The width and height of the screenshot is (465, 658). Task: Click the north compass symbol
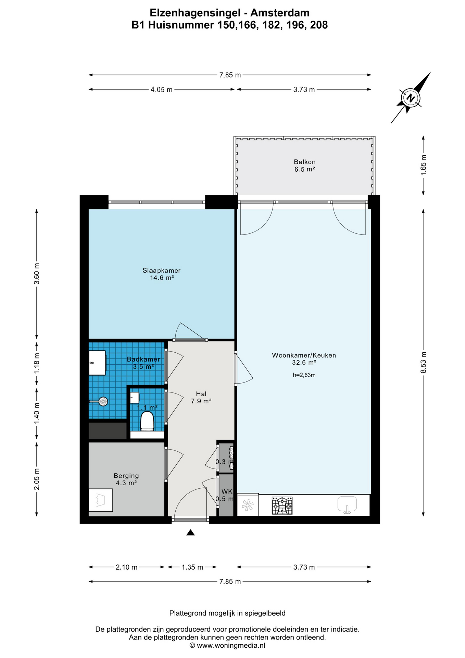click(x=411, y=98)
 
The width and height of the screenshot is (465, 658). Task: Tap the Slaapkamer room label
click(x=162, y=270)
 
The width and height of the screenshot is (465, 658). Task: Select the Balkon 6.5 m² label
click(x=305, y=166)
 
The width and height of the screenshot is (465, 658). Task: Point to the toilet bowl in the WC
click(x=147, y=421)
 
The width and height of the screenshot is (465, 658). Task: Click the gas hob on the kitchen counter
click(x=282, y=506)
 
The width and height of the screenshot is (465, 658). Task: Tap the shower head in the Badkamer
click(x=103, y=401)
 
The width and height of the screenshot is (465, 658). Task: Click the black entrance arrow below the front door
click(x=191, y=532)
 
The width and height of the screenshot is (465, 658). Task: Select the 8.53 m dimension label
click(x=424, y=363)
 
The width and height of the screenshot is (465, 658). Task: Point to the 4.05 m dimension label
click(x=162, y=90)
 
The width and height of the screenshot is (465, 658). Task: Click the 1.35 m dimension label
click(x=192, y=567)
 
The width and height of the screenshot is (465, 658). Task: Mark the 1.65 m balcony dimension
click(x=424, y=165)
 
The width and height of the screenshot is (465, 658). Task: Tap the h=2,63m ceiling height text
click(x=304, y=375)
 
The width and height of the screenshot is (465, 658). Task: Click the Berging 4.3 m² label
click(x=126, y=479)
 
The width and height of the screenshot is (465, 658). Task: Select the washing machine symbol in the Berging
click(x=101, y=500)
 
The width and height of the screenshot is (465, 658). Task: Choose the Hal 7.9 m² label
click(x=201, y=397)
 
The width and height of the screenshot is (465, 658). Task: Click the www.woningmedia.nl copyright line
click(x=227, y=645)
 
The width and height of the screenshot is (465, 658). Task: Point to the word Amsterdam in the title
click(x=280, y=13)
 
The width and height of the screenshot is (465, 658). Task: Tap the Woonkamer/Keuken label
click(x=304, y=355)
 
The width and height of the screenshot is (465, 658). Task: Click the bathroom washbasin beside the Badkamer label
click(x=97, y=363)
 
